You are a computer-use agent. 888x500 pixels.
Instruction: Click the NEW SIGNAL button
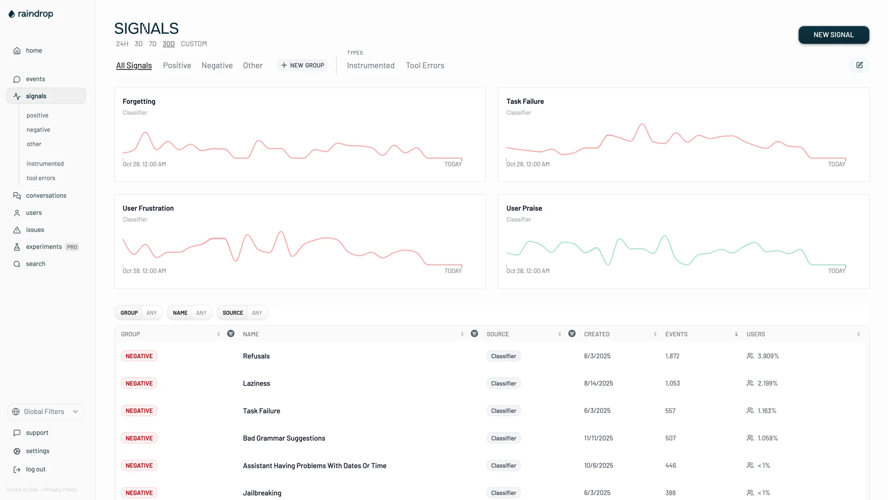833,35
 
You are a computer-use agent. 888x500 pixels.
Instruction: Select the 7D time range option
153,44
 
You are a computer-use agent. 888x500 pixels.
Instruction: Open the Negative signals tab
217,66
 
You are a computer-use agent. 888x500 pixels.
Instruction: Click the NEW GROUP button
302,66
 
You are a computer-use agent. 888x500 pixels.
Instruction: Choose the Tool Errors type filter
425,66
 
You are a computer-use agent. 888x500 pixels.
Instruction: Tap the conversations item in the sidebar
46,196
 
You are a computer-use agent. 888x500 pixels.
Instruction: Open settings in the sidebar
37,451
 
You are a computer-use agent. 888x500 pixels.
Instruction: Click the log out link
36,469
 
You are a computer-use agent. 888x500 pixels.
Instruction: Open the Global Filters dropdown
45,412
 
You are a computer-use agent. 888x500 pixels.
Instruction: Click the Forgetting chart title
139,101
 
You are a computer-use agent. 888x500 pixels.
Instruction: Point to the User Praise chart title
524,208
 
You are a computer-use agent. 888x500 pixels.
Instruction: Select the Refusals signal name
256,356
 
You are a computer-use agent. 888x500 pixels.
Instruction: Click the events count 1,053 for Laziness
672,383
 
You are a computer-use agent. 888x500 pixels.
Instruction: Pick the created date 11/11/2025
598,438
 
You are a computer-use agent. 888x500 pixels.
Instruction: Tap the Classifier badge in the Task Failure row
503,411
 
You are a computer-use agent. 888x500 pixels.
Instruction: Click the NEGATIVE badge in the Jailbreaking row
139,493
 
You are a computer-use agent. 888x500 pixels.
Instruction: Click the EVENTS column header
676,334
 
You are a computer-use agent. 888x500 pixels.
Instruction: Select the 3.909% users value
768,356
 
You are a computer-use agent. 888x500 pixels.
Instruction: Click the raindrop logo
31,14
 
